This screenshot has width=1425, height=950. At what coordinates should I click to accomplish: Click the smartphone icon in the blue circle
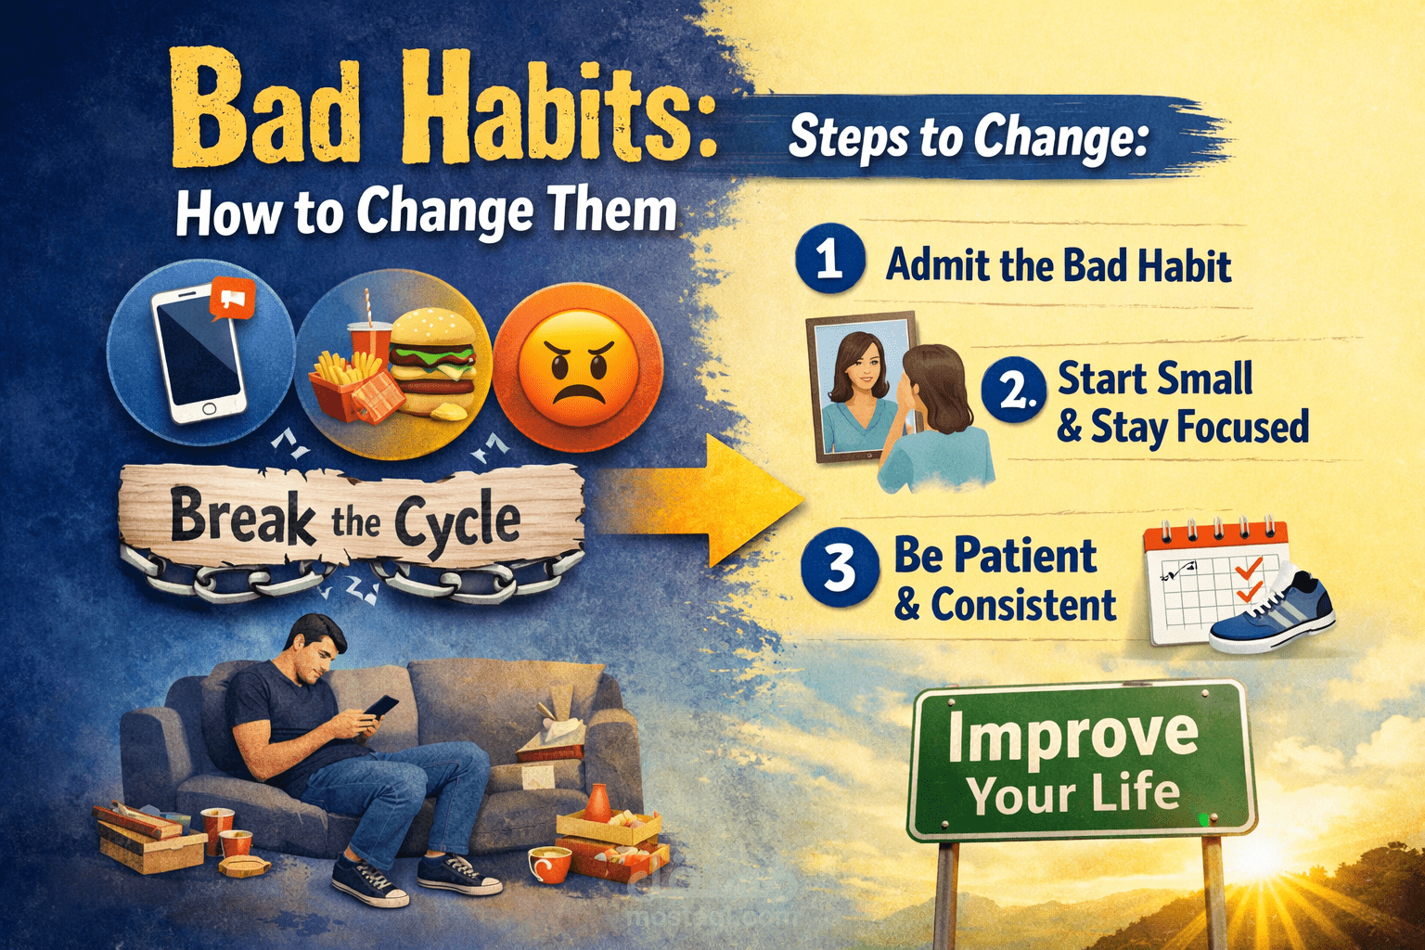click(199, 353)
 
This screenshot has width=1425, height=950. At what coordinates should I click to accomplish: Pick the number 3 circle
click(840, 568)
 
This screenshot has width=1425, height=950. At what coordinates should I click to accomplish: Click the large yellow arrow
click(733, 501)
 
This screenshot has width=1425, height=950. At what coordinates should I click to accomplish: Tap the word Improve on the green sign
click(1073, 736)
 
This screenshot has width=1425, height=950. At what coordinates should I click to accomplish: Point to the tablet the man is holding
click(380, 708)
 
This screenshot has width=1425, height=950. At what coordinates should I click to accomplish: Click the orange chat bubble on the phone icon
click(232, 300)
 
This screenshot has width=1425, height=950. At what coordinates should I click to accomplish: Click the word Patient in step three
click(1027, 556)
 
